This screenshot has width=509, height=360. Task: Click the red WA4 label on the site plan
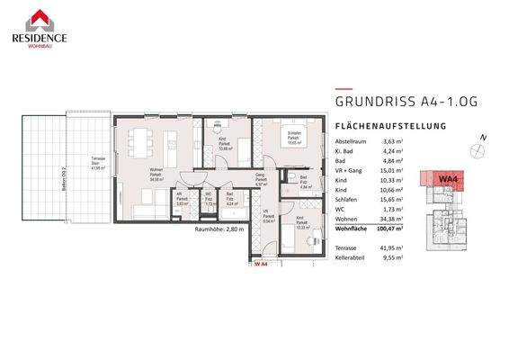coord(445,179)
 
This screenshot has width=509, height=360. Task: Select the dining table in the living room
coord(140,140)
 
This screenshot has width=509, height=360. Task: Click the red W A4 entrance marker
coord(262,264)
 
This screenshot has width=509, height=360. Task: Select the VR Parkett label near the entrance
coord(266,217)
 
